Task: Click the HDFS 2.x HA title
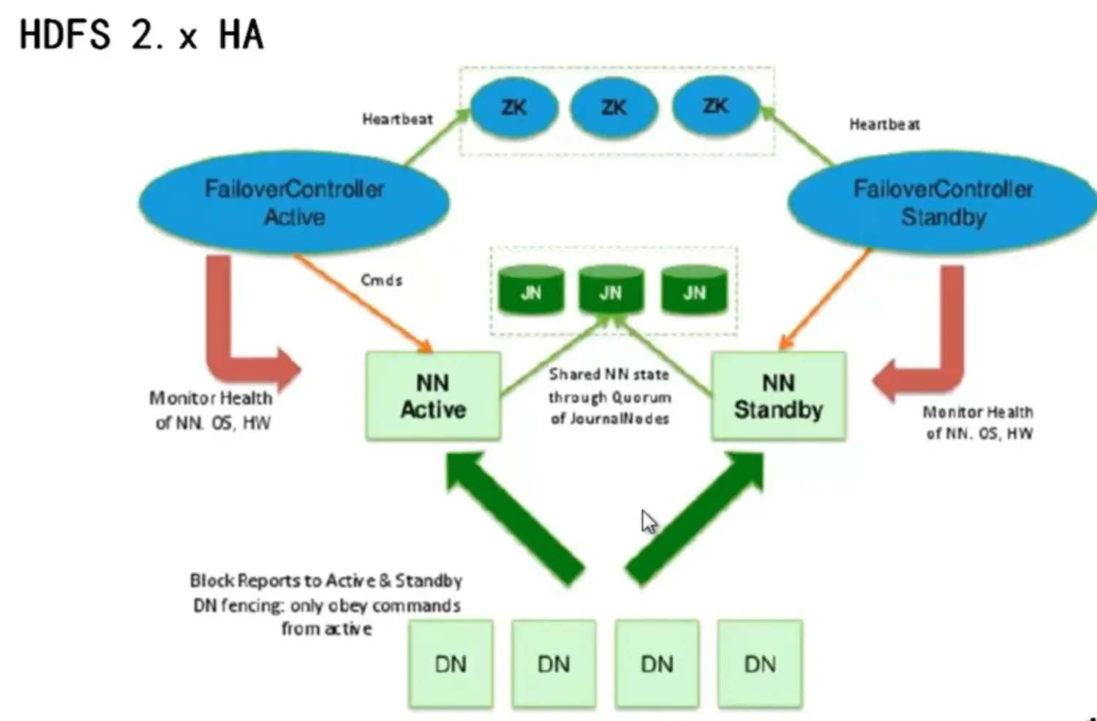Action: [141, 34]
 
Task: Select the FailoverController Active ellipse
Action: [294, 203]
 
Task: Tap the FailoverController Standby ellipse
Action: [942, 203]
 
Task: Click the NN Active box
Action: [433, 396]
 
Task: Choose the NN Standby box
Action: [778, 396]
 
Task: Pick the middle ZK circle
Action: [613, 108]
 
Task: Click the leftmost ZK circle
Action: [513, 108]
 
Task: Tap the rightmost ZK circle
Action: [715, 107]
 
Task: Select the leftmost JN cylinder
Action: [531, 291]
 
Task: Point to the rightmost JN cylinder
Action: [694, 291]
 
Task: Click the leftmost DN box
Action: [451, 663]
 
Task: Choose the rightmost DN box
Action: [760, 663]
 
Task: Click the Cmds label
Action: [381, 280]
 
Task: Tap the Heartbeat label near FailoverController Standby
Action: [884, 124]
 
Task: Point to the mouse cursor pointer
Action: [648, 521]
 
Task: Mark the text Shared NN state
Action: [608, 374]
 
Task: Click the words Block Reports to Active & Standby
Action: [325, 581]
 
